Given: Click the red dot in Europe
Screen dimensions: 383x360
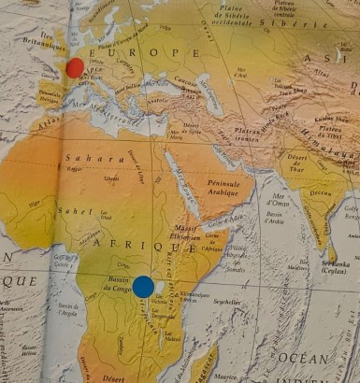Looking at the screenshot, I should tap(75, 67).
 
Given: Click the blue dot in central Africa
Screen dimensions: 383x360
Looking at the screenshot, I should tap(143, 287).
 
